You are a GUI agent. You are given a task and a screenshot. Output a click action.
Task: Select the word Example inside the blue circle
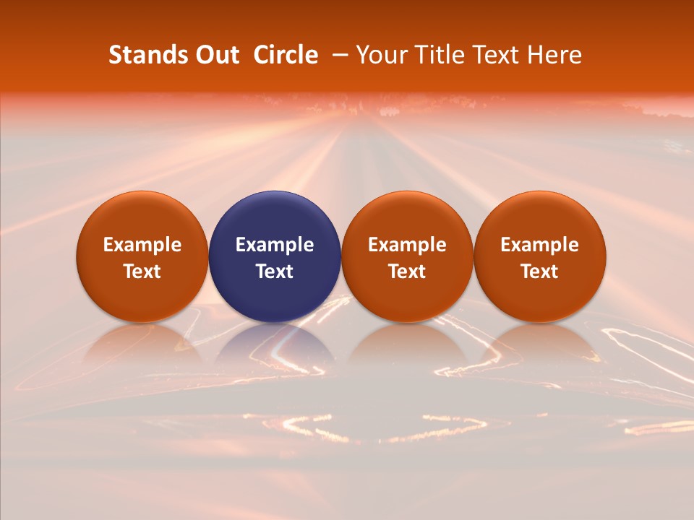[x=275, y=245]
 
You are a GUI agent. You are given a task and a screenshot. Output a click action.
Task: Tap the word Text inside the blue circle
[x=275, y=272]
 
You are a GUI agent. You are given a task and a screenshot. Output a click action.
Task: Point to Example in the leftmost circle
[x=142, y=245]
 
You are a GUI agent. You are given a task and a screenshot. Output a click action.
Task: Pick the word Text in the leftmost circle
[x=142, y=272]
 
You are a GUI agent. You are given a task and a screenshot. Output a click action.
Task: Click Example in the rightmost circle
[x=540, y=245]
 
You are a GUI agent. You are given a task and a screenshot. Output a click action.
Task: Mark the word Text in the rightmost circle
[x=540, y=272]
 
